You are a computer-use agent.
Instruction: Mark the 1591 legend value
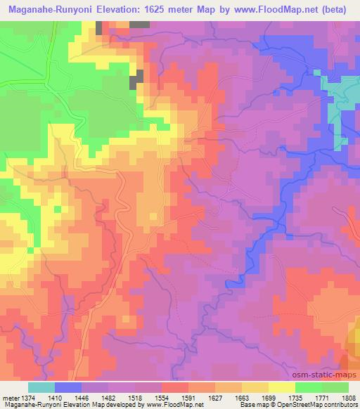(188, 397)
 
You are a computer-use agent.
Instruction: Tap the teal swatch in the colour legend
(41, 387)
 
